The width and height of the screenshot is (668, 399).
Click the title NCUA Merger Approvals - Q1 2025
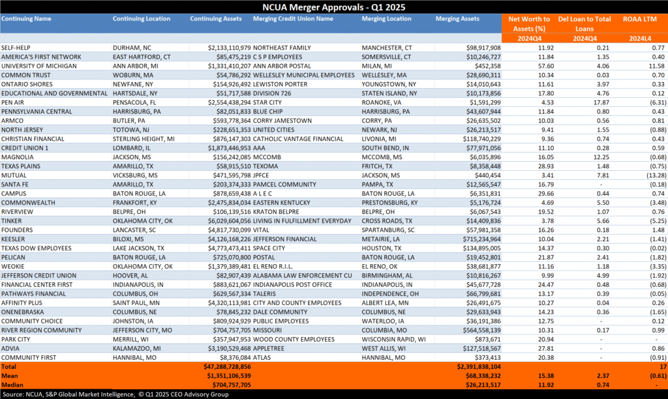[333, 7]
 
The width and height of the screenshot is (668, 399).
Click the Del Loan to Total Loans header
[584, 20]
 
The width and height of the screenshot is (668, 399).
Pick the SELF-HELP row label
[18, 48]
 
